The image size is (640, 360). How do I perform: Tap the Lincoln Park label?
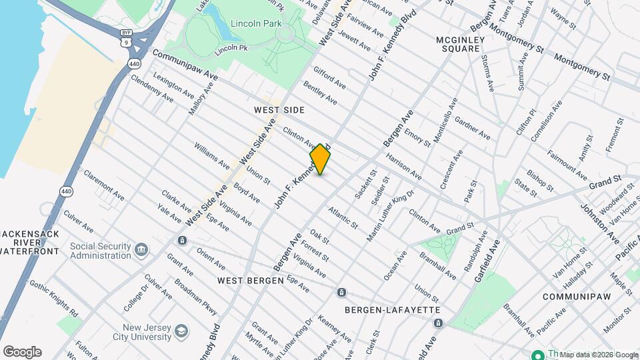pos(253,23)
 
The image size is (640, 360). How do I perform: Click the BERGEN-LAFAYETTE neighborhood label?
pos(392,310)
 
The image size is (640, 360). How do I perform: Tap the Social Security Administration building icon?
pos(141,250)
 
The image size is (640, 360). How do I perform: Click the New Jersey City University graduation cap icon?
pos(180,331)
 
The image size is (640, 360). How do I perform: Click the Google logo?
pos(22,352)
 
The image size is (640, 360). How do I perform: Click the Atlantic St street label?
pos(343,217)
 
